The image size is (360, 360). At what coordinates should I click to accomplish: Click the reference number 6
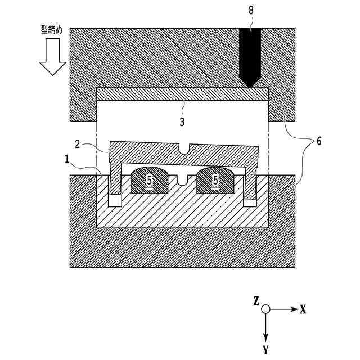[x=318, y=141]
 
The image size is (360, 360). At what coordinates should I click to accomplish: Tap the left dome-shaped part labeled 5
[x=150, y=180]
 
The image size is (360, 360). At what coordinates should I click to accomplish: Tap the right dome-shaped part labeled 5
[x=215, y=180]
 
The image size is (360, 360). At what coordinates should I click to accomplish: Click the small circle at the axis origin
[x=265, y=309]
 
